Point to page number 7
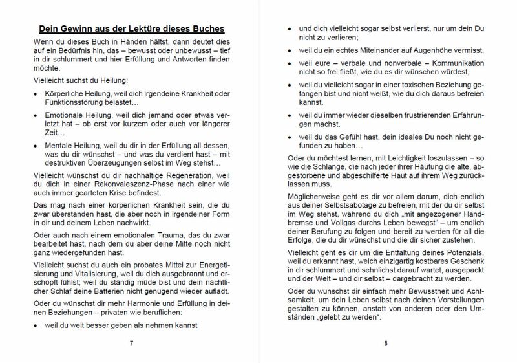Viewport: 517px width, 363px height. [x=131, y=342]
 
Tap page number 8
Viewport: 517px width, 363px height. [x=385, y=342]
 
